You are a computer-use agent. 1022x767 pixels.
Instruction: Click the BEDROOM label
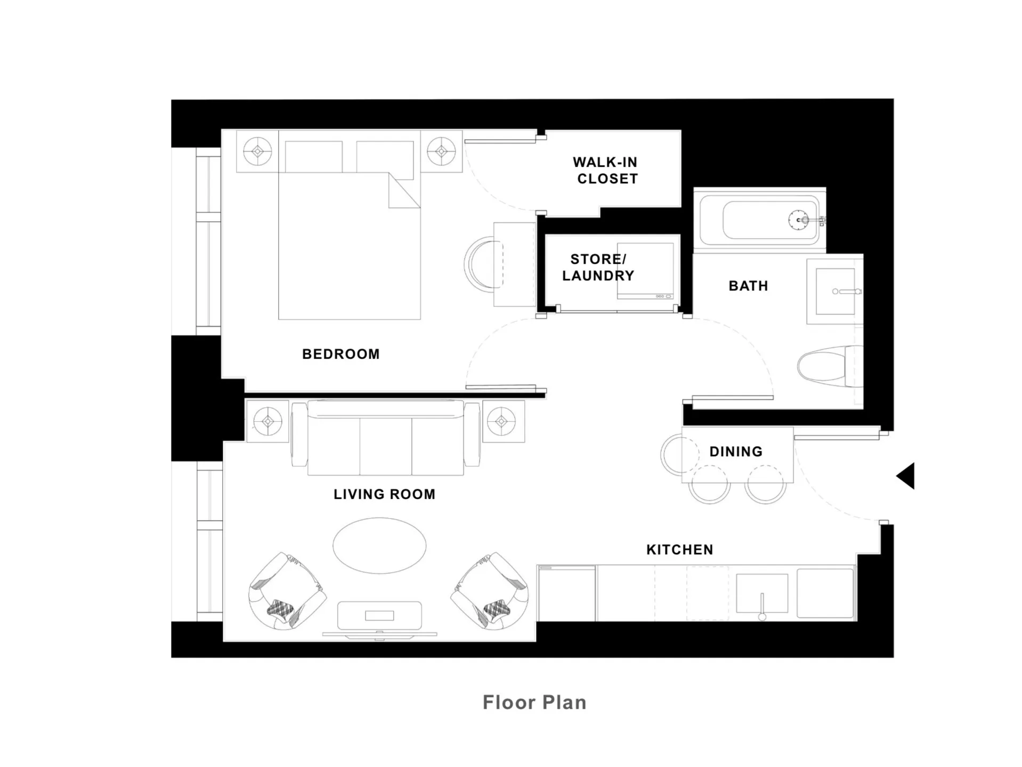pyautogui.click(x=340, y=354)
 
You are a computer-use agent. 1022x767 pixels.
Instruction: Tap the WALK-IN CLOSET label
pyautogui.click(x=606, y=171)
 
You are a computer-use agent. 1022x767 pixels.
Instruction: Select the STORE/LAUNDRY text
pyautogui.click(x=598, y=268)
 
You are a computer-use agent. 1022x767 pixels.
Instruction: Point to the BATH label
pyautogui.click(x=748, y=286)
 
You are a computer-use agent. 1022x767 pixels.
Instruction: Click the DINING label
pyautogui.click(x=736, y=452)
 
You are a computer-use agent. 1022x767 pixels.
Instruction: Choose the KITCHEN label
pyautogui.click(x=679, y=550)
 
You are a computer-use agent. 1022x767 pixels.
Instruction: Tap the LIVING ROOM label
pyautogui.click(x=384, y=495)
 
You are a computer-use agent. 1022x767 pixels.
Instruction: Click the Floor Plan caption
pyautogui.click(x=534, y=703)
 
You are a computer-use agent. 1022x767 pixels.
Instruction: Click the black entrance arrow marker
pyautogui.click(x=906, y=475)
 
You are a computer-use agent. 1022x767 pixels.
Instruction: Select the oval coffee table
pyautogui.click(x=379, y=545)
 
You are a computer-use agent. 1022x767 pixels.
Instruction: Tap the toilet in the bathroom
pyautogui.click(x=826, y=366)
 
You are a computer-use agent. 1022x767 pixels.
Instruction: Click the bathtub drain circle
pyautogui.click(x=798, y=220)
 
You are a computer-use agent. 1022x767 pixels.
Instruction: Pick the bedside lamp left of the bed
pyautogui.click(x=257, y=151)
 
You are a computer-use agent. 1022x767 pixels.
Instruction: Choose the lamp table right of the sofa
pyautogui.click(x=502, y=422)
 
